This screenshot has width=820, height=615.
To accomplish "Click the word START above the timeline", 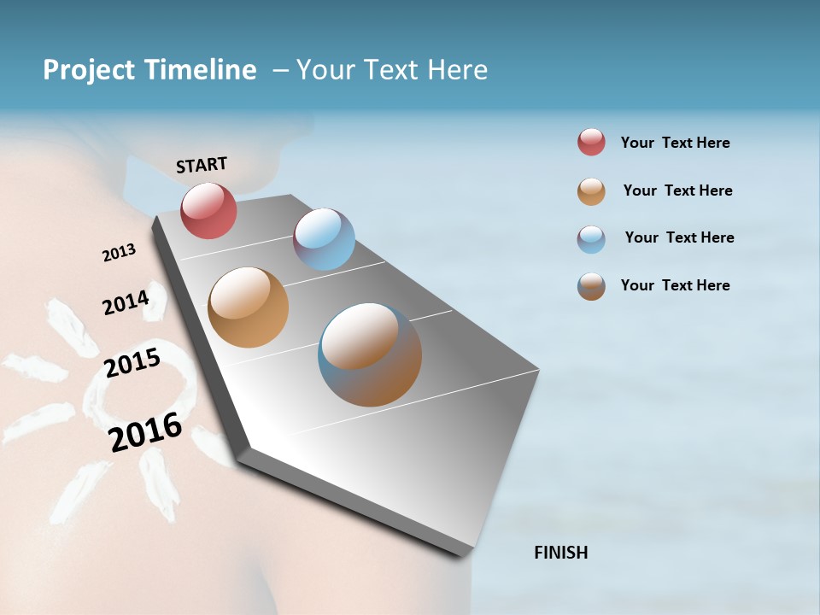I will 202,165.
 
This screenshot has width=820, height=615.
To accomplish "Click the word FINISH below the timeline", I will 561,553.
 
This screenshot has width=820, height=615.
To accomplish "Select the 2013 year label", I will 119,253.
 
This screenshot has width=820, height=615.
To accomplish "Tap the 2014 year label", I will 126,302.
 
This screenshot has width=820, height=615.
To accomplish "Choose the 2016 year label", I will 145,431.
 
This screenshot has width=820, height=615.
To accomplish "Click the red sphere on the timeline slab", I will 208,210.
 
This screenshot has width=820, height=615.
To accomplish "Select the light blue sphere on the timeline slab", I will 324,239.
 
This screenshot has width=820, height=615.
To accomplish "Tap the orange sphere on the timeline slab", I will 248,307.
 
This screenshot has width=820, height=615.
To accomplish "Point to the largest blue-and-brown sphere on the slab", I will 370,354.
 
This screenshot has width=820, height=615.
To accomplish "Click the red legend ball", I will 591,142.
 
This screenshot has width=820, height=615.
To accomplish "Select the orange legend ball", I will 591,191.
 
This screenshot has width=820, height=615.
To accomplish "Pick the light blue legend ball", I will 591,239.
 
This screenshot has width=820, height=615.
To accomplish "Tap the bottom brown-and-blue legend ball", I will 591,286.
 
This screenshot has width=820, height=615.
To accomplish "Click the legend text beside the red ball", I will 675,143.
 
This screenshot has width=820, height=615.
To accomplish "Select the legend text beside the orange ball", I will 677,190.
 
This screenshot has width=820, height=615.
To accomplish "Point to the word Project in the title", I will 89,70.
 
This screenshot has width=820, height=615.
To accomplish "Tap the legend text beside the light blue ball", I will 679,237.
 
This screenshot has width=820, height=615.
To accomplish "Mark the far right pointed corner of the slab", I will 539,370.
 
